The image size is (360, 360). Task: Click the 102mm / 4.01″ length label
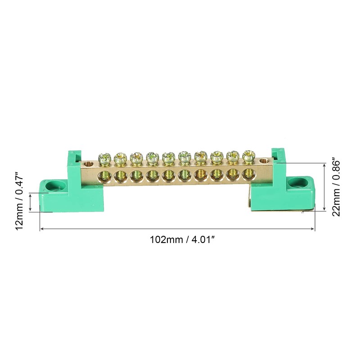click(x=183, y=240)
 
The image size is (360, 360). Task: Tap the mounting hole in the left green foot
click(x=53, y=186)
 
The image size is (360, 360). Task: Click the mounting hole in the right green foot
click(x=298, y=182)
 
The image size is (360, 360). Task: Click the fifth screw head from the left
click(x=168, y=157)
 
